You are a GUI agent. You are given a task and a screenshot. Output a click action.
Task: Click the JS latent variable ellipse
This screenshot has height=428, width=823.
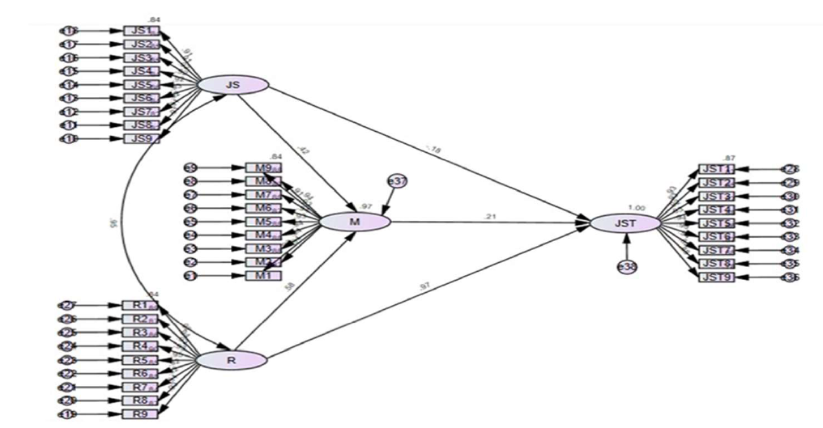(x=233, y=84)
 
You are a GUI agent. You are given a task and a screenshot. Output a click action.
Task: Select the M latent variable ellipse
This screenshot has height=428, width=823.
(x=354, y=221)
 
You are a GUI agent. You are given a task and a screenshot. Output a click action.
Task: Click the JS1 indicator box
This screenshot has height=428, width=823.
(x=141, y=31)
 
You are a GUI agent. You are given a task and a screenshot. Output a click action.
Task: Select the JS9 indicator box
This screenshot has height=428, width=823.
(x=141, y=138)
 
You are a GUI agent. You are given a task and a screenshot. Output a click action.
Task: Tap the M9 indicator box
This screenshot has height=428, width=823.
(x=263, y=167)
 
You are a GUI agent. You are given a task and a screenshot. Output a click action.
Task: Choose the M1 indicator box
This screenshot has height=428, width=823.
(x=263, y=276)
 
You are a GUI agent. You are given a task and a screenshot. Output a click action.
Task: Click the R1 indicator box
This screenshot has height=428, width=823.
(x=139, y=305)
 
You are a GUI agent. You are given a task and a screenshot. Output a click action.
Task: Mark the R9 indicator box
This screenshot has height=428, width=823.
(x=139, y=413)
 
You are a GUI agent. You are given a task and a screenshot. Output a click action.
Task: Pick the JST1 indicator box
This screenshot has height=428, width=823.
(x=716, y=169)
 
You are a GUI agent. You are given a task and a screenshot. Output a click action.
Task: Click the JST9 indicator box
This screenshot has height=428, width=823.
(x=716, y=277)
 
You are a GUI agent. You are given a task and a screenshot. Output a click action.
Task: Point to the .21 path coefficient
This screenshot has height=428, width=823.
(x=489, y=216)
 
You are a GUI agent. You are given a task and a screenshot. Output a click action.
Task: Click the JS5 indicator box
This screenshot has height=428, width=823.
(x=141, y=85)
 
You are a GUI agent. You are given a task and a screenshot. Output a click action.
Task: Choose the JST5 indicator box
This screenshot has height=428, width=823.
(x=716, y=223)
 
